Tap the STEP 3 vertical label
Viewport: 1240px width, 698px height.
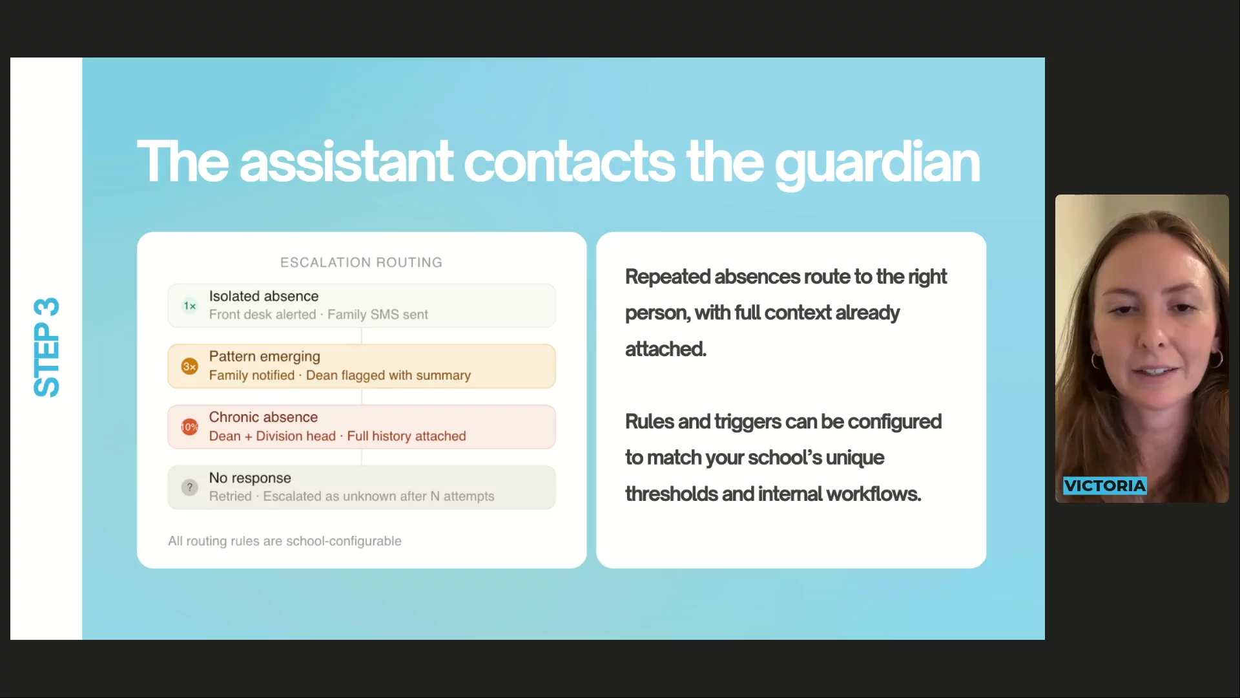tap(46, 348)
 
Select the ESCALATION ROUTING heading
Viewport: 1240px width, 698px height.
tap(361, 262)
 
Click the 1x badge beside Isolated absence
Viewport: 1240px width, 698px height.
tap(189, 306)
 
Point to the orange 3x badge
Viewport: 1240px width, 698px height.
tap(189, 366)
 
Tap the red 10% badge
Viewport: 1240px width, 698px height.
tap(189, 427)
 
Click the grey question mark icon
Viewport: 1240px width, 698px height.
tap(189, 487)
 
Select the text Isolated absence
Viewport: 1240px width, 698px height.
tap(263, 296)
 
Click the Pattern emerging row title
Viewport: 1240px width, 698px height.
tap(264, 357)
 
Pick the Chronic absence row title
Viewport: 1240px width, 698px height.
tap(263, 417)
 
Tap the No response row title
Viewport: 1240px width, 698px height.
tap(250, 478)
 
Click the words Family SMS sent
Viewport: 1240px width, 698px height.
tap(378, 315)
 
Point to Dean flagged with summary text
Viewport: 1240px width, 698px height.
tap(388, 375)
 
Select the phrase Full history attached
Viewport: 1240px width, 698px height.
tap(406, 436)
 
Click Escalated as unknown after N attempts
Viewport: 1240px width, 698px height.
tap(378, 496)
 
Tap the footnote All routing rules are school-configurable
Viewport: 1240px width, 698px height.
tap(285, 541)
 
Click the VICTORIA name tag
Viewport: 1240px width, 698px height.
tap(1105, 485)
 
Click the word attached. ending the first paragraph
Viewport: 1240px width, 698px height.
tap(665, 349)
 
